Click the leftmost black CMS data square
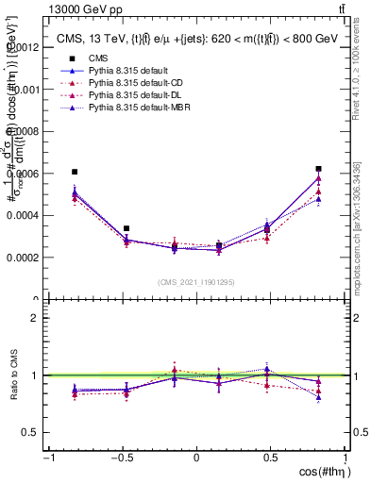pos(75,172)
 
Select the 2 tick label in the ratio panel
pos(33,318)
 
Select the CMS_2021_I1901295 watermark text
pos(197,283)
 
